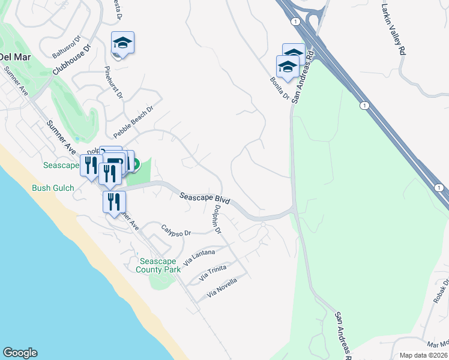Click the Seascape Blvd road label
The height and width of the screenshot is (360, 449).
pyautogui.click(x=205, y=199)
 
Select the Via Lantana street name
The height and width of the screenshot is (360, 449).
pyautogui.click(x=199, y=257)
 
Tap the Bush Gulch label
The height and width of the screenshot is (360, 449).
pyautogui.click(x=53, y=188)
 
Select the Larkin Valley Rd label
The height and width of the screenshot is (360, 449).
pyautogui.click(x=393, y=29)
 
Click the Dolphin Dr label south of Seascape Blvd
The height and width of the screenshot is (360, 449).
pyautogui.click(x=217, y=220)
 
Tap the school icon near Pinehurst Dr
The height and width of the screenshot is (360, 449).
pyautogui.click(x=122, y=43)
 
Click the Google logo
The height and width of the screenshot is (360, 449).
pyautogui.click(x=20, y=353)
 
